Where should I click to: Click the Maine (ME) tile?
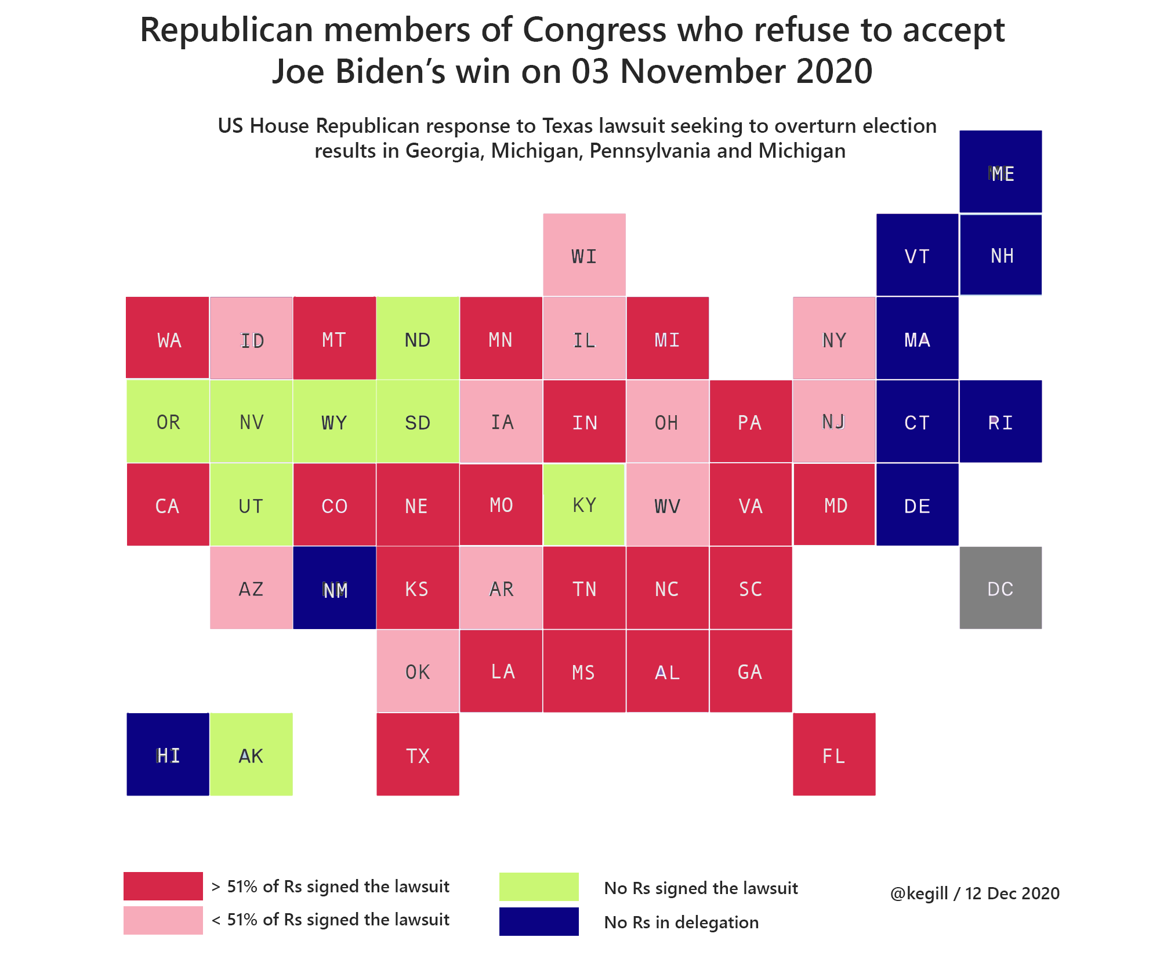(1000, 172)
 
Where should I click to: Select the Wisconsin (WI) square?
(584, 255)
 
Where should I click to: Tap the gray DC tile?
(1000, 588)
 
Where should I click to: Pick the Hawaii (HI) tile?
(168, 754)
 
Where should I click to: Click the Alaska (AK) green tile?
(251, 754)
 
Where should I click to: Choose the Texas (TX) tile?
(418, 754)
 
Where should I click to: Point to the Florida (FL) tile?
(834, 754)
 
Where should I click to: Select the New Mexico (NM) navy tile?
(335, 588)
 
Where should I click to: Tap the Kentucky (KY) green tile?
(584, 504)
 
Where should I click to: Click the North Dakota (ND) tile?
(418, 339)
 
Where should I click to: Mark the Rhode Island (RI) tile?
(1000, 422)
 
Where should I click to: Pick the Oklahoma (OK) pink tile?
(418, 671)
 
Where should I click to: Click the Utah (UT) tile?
(251, 504)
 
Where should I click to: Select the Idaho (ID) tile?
(251, 339)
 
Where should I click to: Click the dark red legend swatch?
(163, 886)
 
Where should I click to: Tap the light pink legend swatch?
(163, 920)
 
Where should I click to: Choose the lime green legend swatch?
(539, 887)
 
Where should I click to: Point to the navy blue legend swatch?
(539, 921)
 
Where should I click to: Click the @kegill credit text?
(974, 893)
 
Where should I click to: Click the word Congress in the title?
(594, 30)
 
